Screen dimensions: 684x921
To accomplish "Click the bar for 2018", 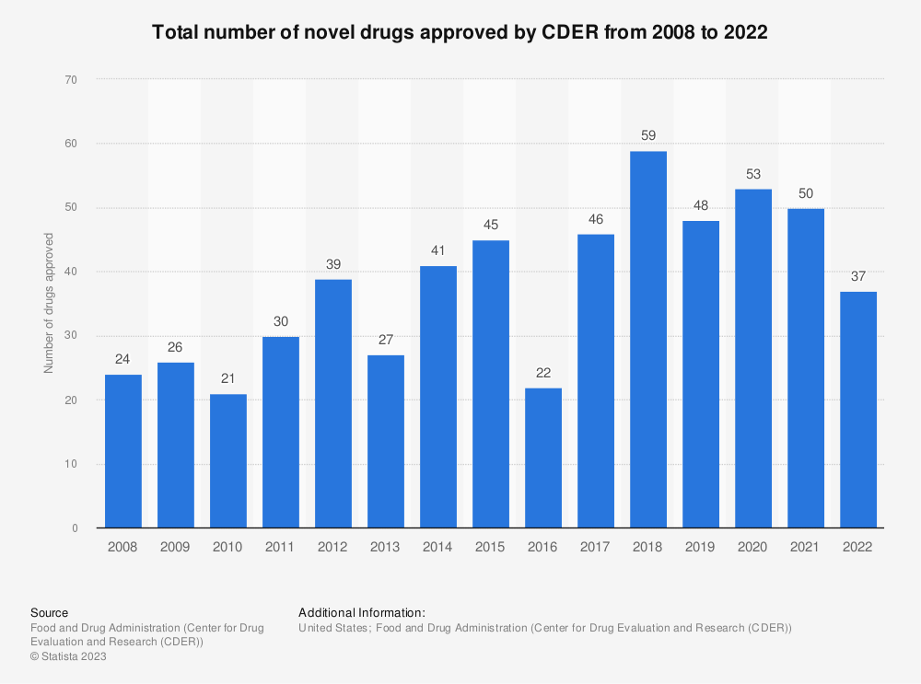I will (648, 340).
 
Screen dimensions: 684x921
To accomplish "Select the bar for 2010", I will (227, 461).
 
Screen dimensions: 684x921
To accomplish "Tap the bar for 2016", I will (543, 458).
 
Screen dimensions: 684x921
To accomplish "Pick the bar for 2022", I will (858, 410).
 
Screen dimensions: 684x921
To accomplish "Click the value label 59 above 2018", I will (648, 135).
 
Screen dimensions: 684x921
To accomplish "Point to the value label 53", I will (753, 174).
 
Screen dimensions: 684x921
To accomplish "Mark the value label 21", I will (227, 378).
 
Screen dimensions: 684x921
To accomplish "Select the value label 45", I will (491, 225).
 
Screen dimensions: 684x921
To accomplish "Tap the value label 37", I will (858, 276).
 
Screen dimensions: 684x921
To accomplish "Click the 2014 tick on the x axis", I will (438, 547).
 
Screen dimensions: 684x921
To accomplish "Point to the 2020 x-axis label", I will (753, 547).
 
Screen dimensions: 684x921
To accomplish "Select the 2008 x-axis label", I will (122, 547).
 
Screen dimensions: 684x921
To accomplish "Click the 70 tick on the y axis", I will (71, 80).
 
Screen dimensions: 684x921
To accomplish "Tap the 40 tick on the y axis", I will (71, 272).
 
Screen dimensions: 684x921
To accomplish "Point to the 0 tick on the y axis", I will (74, 528).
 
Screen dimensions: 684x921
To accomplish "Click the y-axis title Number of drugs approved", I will (49, 304).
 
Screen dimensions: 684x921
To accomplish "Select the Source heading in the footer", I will (49, 612).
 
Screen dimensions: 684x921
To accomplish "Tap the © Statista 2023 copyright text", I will (68, 656).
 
